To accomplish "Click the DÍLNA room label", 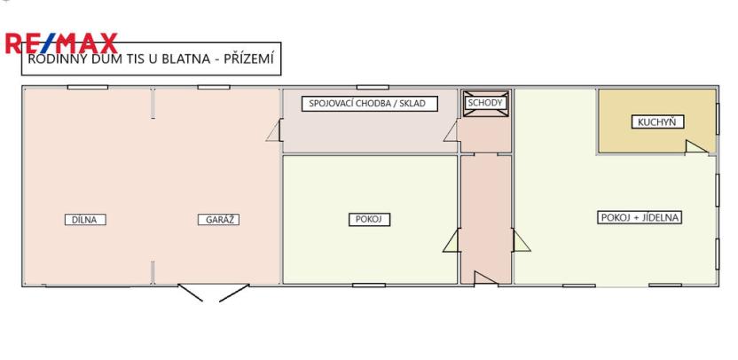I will point(86,219).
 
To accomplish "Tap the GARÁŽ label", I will point(217,219).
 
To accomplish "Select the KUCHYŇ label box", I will point(656,122).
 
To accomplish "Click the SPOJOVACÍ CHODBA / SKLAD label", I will point(367,104).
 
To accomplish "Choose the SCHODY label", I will point(485,103).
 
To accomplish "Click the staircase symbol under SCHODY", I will point(486,118).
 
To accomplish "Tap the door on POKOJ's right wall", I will point(451,239).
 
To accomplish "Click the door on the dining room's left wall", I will point(521,239).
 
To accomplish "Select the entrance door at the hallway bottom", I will point(484,278).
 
